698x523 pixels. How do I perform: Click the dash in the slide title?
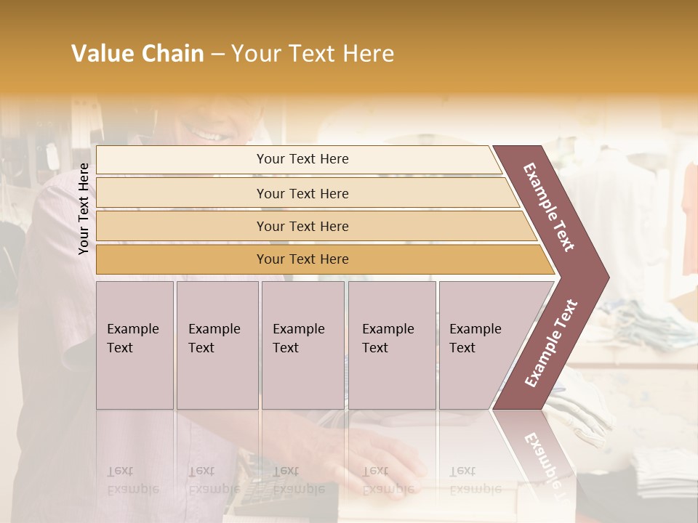point(217,54)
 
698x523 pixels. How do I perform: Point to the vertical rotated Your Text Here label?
point(84,208)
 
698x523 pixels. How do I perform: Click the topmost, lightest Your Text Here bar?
point(302,159)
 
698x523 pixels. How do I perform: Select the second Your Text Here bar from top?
point(302,193)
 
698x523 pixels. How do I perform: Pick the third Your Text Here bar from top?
point(302,227)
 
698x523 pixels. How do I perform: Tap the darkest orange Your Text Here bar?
point(302,259)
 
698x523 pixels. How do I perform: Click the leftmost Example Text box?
point(135,345)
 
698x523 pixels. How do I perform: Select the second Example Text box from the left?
point(217,345)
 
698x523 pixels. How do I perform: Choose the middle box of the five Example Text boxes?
point(302,345)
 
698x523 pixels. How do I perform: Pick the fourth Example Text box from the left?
point(391,345)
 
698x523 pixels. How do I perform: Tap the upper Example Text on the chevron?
point(549,207)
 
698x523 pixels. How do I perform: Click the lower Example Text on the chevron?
point(551,343)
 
